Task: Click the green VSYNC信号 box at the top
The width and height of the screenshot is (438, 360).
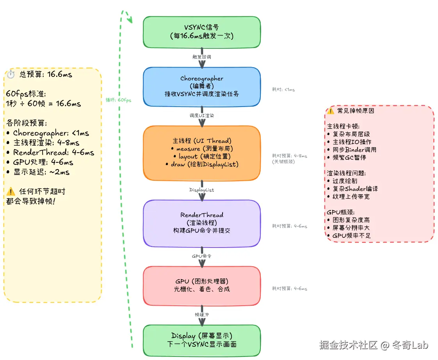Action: point(201,32)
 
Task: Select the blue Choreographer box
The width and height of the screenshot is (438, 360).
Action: point(201,86)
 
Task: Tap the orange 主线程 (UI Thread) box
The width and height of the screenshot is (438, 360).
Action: point(201,153)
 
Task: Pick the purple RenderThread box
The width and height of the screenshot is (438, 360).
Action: point(201,223)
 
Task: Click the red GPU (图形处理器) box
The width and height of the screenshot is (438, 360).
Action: point(201,285)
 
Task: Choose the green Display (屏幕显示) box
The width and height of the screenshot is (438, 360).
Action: point(201,340)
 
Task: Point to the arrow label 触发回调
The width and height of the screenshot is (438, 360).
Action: point(202,57)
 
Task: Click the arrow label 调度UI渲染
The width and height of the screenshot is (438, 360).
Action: point(202,116)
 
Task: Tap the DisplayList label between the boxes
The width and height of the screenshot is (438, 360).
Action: point(202,190)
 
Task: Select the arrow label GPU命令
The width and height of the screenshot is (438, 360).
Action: point(202,257)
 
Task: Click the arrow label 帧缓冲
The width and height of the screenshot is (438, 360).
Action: point(202,315)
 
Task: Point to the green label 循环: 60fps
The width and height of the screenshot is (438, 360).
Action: point(119,100)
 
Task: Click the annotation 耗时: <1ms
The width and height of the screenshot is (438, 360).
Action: point(283,89)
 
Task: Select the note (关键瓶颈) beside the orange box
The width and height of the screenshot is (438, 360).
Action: point(284,162)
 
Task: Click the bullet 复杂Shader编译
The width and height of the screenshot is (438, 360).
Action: point(355,189)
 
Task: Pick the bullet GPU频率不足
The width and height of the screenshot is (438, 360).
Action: point(351,235)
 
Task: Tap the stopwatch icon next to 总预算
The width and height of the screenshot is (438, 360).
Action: point(11,74)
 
